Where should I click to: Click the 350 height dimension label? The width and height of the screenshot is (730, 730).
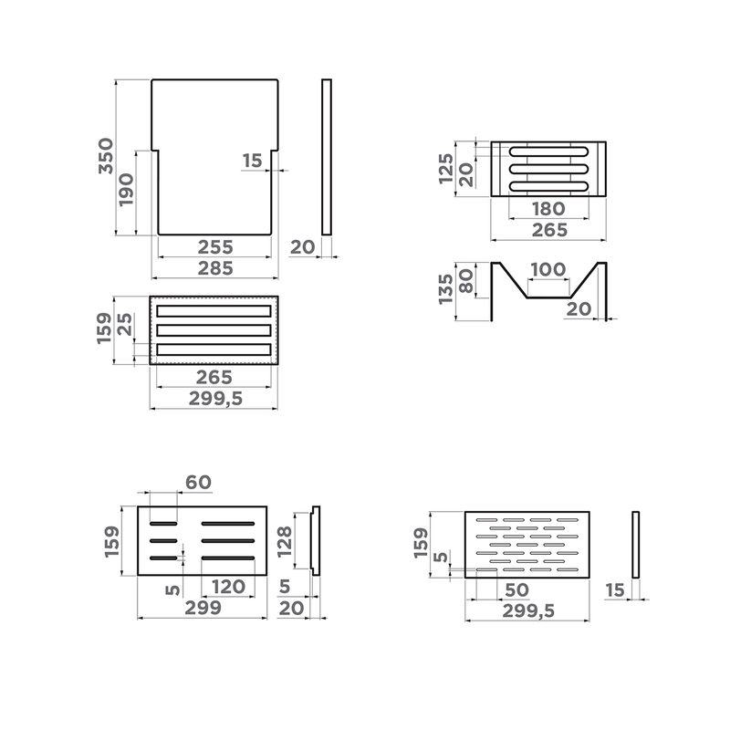point(106,156)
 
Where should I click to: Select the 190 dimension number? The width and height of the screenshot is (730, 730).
point(126,190)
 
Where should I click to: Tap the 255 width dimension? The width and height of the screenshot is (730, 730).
point(215,247)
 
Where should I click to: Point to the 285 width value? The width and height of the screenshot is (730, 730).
point(215,268)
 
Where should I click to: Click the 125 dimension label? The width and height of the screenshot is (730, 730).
point(446,169)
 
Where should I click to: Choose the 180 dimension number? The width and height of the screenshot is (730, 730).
point(549,209)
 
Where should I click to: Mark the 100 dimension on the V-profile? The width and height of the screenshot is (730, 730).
point(548,269)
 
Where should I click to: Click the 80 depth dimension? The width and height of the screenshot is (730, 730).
point(466,281)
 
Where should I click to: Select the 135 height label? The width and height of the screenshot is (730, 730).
point(446,289)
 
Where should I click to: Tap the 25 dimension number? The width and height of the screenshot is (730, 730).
point(125,325)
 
